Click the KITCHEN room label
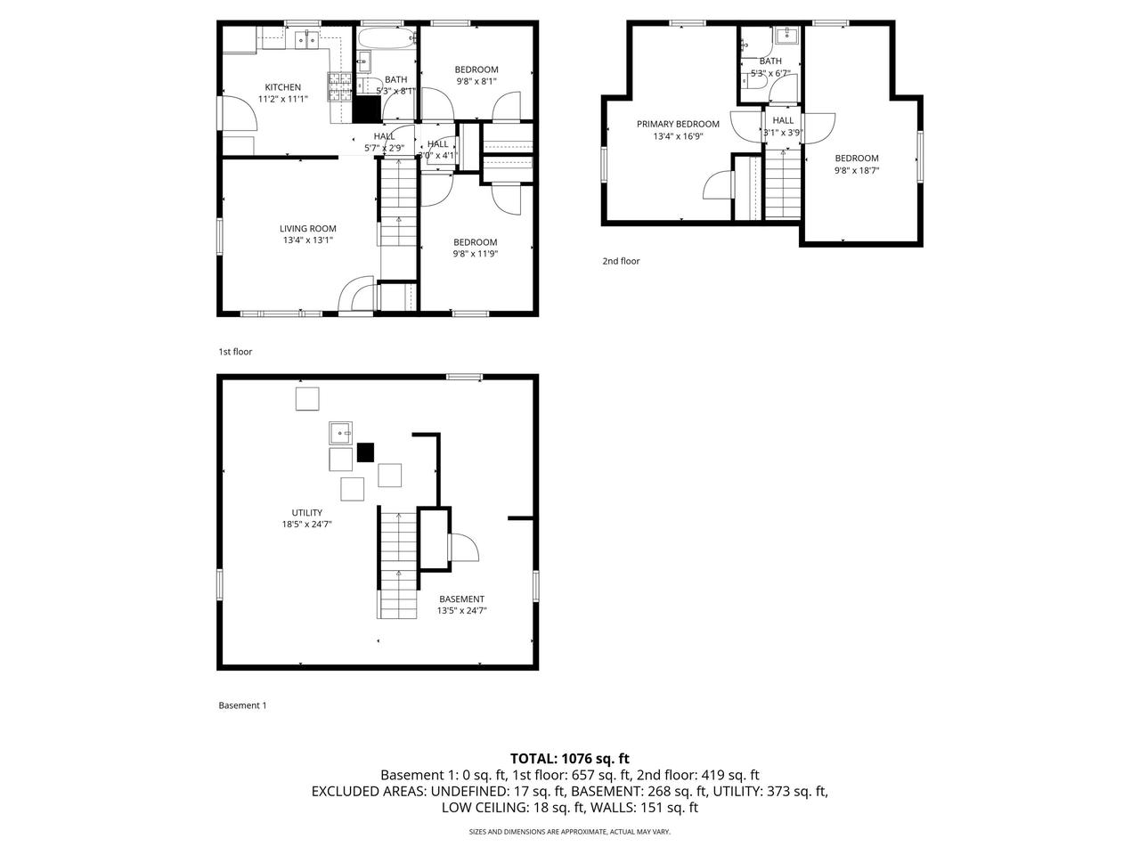pyautogui.click(x=282, y=87)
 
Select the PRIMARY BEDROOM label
pyautogui.click(x=677, y=124)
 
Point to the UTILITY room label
pyautogui.click(x=306, y=513)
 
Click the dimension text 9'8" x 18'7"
pyautogui.click(x=856, y=170)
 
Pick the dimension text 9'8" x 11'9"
pyautogui.click(x=475, y=254)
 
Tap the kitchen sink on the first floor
pyautogui.click(x=307, y=38)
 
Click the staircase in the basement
pyautogui.click(x=398, y=563)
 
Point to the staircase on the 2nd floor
pyautogui.click(x=783, y=183)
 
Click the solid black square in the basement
pyautogui.click(x=365, y=452)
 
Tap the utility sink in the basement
pyautogui.click(x=340, y=433)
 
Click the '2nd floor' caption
pyautogui.click(x=621, y=261)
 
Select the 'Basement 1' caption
pyautogui.click(x=242, y=705)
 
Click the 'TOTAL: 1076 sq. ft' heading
pyautogui.click(x=569, y=759)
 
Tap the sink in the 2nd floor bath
pyautogui.click(x=785, y=36)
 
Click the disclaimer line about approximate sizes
pyautogui.click(x=569, y=832)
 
